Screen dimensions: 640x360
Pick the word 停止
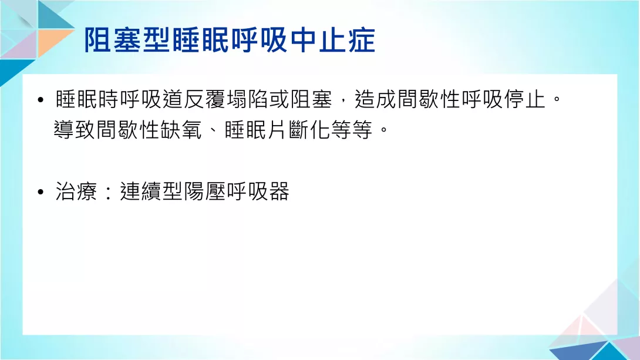click(x=525, y=99)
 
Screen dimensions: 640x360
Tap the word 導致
click(x=75, y=130)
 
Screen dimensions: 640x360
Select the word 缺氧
click(x=181, y=130)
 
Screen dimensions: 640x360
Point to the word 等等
click(x=352, y=130)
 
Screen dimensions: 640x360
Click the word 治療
click(x=76, y=191)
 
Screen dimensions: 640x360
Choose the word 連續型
click(x=151, y=191)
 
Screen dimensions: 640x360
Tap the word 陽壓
click(x=205, y=191)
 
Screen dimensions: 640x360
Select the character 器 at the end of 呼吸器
click(x=279, y=191)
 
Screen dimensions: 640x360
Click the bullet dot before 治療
click(x=40, y=192)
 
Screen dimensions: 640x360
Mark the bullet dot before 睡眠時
click(x=40, y=100)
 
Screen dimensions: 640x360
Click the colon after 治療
click(x=108, y=192)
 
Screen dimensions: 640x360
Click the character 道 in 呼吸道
click(x=173, y=99)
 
